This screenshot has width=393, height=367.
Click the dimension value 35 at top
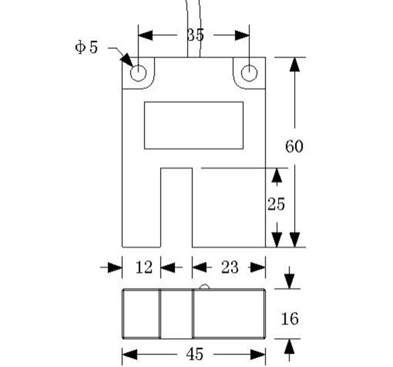click(195, 35)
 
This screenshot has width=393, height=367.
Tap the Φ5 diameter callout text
click(86, 47)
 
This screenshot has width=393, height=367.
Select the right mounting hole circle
click(249, 73)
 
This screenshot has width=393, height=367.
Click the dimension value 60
click(294, 147)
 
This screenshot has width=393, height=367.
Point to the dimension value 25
click(276, 205)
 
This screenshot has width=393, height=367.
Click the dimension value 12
click(144, 268)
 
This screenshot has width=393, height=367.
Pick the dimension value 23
click(230, 268)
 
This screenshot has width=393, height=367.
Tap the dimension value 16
click(290, 319)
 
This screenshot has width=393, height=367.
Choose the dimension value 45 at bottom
click(194, 355)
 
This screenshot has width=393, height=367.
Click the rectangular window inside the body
click(194, 125)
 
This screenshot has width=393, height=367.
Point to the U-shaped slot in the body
click(177, 208)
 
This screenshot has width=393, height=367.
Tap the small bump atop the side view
click(205, 287)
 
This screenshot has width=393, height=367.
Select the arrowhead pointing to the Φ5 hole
click(126, 60)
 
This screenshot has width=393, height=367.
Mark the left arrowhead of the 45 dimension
click(130, 355)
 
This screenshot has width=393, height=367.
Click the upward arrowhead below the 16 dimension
click(290, 347)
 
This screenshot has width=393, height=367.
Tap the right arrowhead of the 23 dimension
click(258, 268)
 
